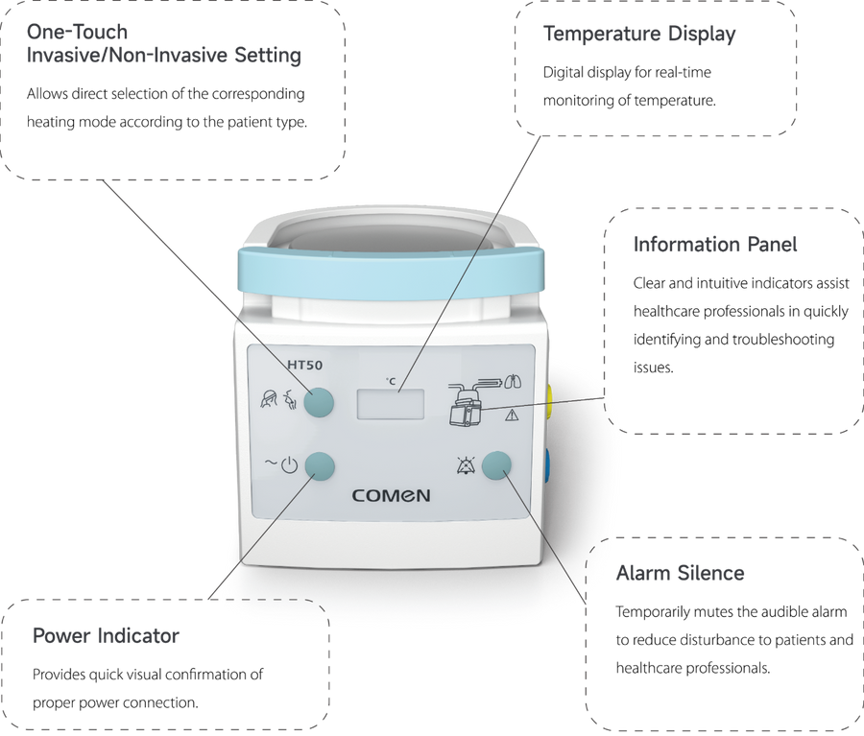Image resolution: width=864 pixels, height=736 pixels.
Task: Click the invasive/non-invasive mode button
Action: point(319,402)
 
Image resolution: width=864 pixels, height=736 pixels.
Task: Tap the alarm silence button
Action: point(496,466)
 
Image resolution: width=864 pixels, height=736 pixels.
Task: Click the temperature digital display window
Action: point(391,404)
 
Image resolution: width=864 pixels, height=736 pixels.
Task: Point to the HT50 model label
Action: point(304,365)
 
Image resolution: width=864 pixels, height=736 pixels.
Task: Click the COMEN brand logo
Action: point(392,495)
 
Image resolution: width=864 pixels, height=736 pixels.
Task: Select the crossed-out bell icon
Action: point(465,466)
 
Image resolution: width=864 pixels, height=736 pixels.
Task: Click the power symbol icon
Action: point(289,466)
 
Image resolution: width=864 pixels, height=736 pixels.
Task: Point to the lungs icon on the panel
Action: point(513,381)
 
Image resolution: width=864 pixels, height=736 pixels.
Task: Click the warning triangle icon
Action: point(512,415)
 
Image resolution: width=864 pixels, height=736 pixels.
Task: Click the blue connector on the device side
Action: point(547,466)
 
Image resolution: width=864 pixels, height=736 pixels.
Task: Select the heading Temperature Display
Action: point(639,35)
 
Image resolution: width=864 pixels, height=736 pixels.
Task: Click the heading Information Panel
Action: point(714,244)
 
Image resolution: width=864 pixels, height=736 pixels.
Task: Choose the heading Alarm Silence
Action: point(680,573)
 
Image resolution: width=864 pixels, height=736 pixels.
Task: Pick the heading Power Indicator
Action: point(106,636)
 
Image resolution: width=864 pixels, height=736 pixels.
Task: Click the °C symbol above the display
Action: point(391,381)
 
